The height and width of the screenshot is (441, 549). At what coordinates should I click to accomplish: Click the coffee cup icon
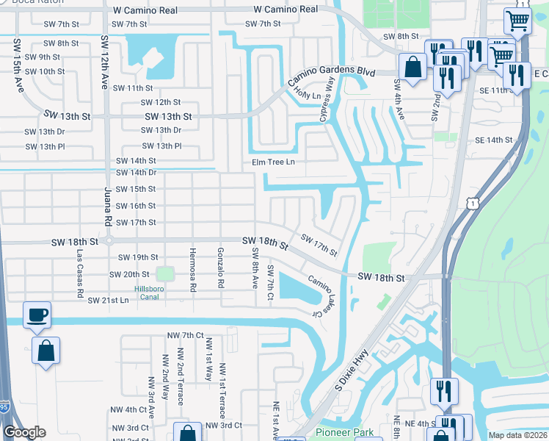coord(37,316)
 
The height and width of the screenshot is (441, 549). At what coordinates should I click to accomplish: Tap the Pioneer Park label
coord(344,432)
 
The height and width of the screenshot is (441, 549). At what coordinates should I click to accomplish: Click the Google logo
coord(24,432)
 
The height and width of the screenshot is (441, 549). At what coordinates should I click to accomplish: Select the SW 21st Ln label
coord(108,301)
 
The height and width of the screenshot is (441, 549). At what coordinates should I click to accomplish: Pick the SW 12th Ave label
coord(105,56)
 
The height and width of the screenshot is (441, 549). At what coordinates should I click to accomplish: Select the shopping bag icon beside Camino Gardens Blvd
coord(413,68)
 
